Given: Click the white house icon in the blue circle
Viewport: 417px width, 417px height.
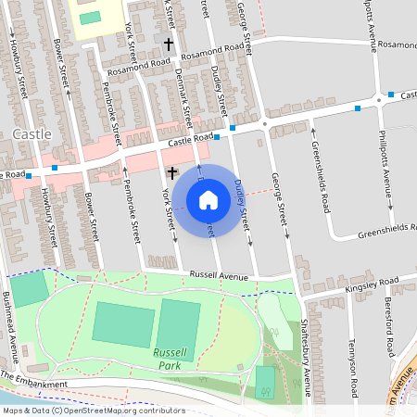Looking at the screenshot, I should tap(208, 199).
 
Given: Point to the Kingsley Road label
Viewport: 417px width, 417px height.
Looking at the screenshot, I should tap(371, 281).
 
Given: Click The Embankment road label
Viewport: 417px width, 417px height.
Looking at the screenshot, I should tap(34, 380).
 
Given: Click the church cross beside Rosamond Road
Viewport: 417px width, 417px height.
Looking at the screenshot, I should tap(169, 44).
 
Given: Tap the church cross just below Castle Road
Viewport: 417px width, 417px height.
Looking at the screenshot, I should tap(171, 172).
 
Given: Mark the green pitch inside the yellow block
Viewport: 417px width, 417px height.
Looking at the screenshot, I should tap(90, 18).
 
